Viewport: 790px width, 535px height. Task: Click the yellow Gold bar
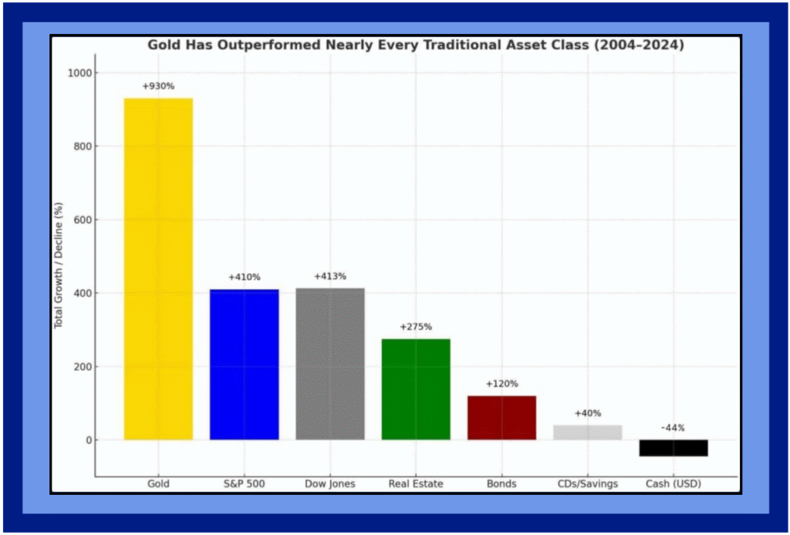click(x=158, y=269)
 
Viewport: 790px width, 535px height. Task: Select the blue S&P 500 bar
click(x=244, y=365)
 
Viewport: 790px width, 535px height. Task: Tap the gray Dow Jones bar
click(x=330, y=364)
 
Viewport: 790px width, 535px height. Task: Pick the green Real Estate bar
click(x=416, y=389)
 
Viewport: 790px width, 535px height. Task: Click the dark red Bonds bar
click(x=501, y=418)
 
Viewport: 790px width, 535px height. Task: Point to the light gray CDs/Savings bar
click(x=587, y=432)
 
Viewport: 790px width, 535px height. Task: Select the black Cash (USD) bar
click(x=674, y=448)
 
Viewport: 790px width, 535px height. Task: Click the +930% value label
click(x=158, y=86)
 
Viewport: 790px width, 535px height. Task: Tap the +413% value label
click(x=330, y=276)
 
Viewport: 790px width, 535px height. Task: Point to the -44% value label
click(x=674, y=428)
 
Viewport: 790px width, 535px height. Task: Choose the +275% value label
click(x=416, y=327)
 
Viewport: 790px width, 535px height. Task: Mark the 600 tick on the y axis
click(x=81, y=220)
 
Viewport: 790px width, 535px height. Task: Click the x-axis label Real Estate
click(x=416, y=484)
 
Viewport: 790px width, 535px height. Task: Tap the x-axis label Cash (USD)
click(x=674, y=484)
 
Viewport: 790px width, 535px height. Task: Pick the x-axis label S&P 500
click(x=244, y=484)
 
